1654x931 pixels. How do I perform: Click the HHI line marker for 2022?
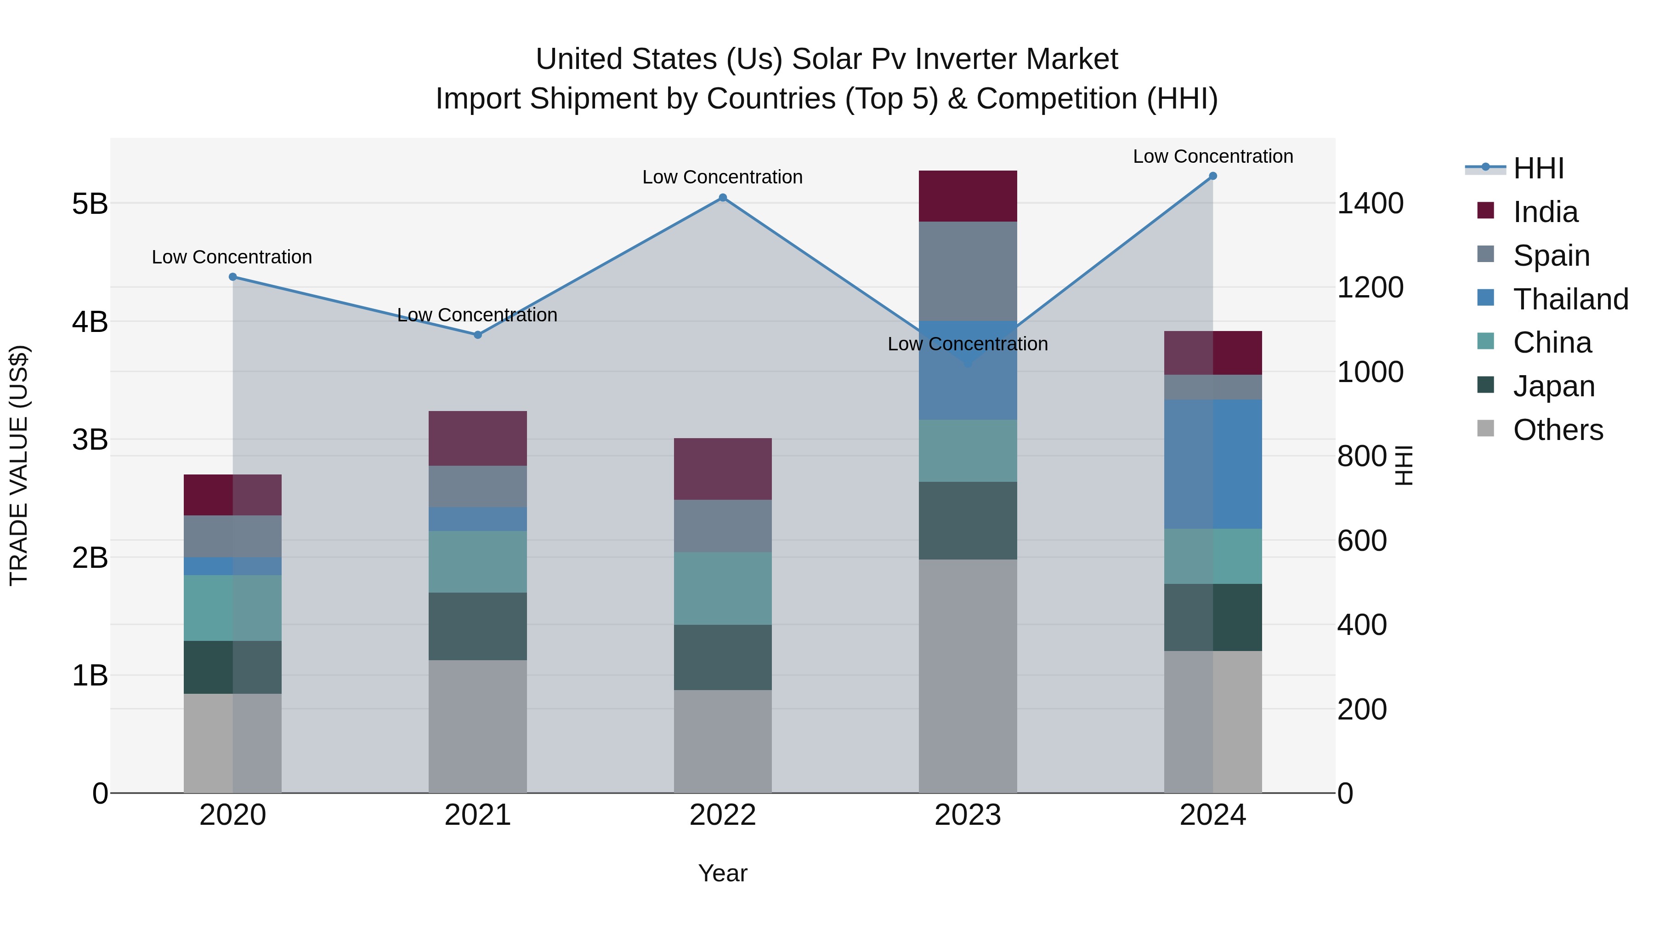point(722,198)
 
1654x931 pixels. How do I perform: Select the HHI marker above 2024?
point(1213,176)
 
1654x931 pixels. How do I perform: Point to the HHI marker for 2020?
point(233,277)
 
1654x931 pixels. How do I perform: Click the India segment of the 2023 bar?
point(968,196)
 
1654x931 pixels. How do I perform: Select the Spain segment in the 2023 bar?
point(968,271)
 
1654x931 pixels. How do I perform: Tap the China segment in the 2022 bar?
point(722,588)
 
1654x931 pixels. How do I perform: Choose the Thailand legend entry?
point(1570,299)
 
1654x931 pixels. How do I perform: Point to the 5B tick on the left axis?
point(90,204)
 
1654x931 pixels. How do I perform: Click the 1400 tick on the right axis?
point(1370,204)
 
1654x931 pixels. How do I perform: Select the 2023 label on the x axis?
point(968,815)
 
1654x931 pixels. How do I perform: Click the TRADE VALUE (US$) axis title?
point(19,465)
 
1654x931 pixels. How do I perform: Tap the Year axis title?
point(722,873)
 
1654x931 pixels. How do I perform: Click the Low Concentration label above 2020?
point(232,257)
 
